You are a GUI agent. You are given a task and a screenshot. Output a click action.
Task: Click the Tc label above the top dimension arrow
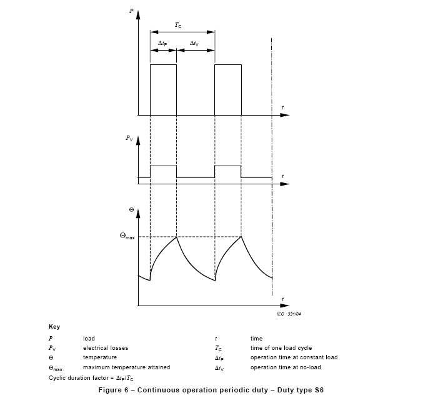click(178, 25)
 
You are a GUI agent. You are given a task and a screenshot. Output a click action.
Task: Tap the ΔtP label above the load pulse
click(162, 43)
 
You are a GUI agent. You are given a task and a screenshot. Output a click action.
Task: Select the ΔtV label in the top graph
click(194, 43)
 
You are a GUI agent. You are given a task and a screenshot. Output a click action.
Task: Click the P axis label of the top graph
click(131, 11)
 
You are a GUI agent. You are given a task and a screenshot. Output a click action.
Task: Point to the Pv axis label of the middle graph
click(129, 138)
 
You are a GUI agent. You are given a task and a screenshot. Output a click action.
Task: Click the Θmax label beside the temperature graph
click(127, 236)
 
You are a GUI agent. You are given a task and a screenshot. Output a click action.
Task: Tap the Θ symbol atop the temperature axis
click(131, 210)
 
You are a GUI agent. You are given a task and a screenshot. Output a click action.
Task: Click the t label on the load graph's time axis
click(282, 107)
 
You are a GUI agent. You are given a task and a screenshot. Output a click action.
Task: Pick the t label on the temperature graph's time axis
click(282, 299)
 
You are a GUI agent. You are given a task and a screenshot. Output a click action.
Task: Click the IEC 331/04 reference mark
click(289, 314)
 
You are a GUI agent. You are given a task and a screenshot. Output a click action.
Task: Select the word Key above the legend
click(54, 327)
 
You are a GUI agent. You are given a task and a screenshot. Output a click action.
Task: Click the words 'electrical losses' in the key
click(106, 348)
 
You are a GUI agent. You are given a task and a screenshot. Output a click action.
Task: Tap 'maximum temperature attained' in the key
click(126, 367)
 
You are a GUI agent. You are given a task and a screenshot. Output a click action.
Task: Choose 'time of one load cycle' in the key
click(281, 348)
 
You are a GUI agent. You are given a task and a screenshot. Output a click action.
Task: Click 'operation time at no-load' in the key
click(286, 367)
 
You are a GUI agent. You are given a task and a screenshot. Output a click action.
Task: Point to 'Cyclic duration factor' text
click(79, 378)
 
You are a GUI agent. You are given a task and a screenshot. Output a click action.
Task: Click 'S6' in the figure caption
click(319, 390)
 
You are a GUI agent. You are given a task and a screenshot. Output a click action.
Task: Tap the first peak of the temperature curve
click(176, 237)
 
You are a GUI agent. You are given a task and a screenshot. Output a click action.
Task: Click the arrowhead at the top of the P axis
click(138, 15)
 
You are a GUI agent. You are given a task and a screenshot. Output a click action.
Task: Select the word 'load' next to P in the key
click(89, 339)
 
